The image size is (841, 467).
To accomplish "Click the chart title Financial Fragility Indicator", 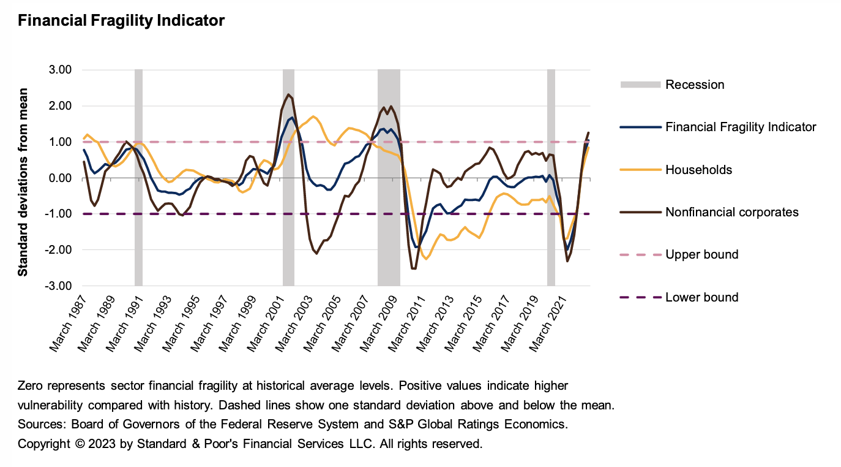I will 121,21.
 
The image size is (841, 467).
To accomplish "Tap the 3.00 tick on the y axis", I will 61,70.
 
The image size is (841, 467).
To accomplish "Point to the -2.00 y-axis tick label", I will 59,250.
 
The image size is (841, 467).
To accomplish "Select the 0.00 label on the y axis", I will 61,178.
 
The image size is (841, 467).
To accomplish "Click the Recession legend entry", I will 694,85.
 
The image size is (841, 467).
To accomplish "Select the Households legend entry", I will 698,170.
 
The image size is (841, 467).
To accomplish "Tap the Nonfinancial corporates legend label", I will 731,212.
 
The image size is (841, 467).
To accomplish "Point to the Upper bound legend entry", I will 701,254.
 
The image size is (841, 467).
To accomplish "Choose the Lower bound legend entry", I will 701,297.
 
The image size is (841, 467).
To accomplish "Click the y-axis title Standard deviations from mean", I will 23,178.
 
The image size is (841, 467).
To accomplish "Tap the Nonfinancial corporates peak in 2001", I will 288,94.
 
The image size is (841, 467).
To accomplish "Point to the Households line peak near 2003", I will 313,116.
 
